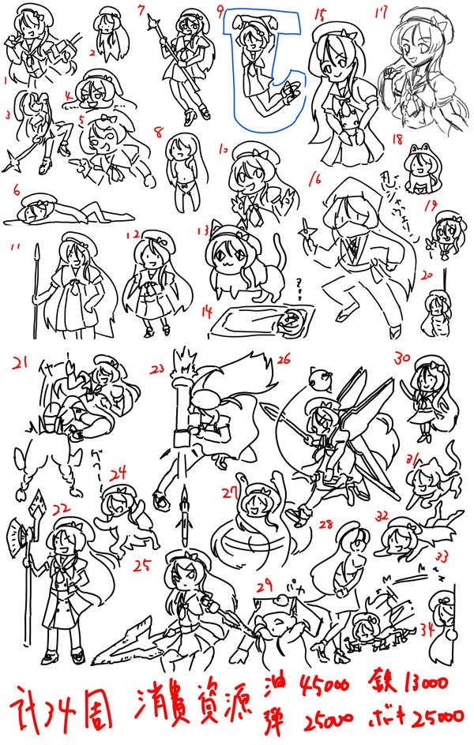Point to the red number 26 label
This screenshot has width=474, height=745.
[x=283, y=358]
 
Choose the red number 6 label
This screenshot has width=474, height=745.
[x=16, y=189]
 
